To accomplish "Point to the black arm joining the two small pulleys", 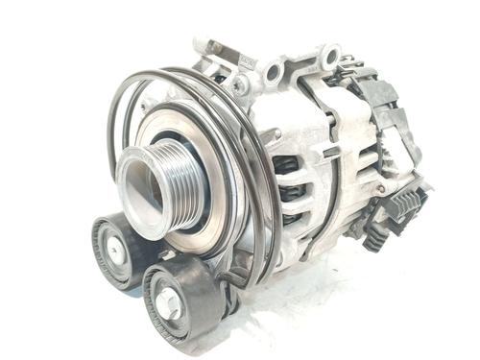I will [154, 264].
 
